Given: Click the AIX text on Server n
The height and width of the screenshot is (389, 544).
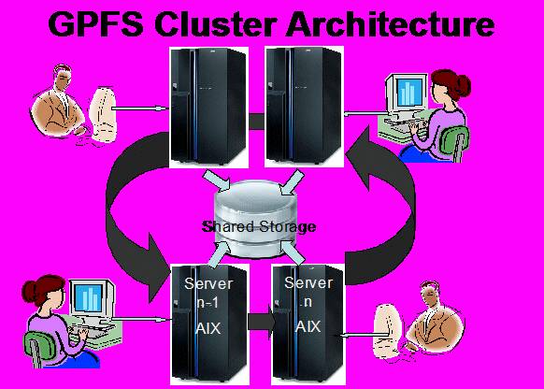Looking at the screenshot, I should [x=308, y=327].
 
